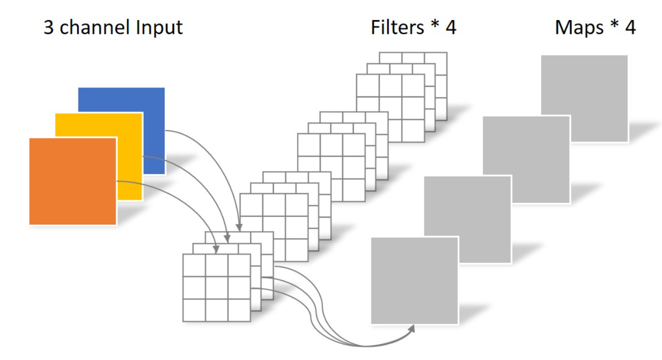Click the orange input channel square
pos(72,181)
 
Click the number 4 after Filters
pos(450,27)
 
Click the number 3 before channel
pos(49,27)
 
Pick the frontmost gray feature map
pos(414,280)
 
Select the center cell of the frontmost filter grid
pos(216,287)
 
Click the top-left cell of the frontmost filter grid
pos(194,265)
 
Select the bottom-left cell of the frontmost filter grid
pos(194,310)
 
